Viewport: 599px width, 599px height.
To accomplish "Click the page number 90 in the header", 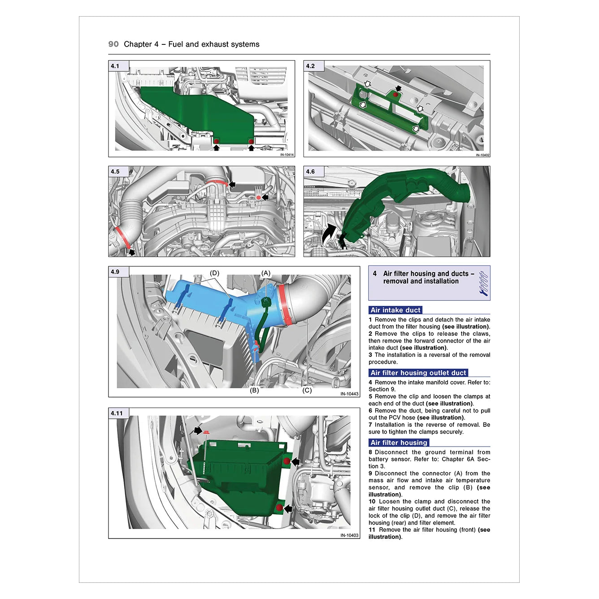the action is coord(113,44).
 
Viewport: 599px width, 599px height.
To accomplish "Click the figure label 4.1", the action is coord(115,66).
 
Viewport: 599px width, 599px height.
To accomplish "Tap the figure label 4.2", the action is coord(310,66).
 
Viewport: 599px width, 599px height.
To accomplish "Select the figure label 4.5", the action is coord(115,171).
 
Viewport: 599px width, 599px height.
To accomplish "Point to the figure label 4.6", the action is coord(310,171).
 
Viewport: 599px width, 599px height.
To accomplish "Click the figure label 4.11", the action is coord(117,413).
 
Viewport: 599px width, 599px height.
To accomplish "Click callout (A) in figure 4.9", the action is coord(265,273).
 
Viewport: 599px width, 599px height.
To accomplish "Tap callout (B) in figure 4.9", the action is coord(254,390).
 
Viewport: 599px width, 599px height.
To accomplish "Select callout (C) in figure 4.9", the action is coord(307,390).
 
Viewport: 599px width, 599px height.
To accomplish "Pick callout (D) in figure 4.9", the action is coord(214,273).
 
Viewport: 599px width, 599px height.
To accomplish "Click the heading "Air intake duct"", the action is coord(395,310).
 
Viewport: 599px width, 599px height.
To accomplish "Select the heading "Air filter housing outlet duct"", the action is coord(418,373).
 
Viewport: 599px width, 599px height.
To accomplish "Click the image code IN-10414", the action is coord(286,155).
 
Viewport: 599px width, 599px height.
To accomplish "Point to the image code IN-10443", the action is coord(349,394).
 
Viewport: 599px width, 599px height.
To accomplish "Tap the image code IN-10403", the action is coord(349,535).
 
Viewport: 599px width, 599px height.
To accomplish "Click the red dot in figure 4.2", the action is coord(395,94).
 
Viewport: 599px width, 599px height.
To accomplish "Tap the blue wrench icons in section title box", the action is coord(483,283).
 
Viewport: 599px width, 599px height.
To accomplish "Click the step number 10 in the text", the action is coord(372,501).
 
